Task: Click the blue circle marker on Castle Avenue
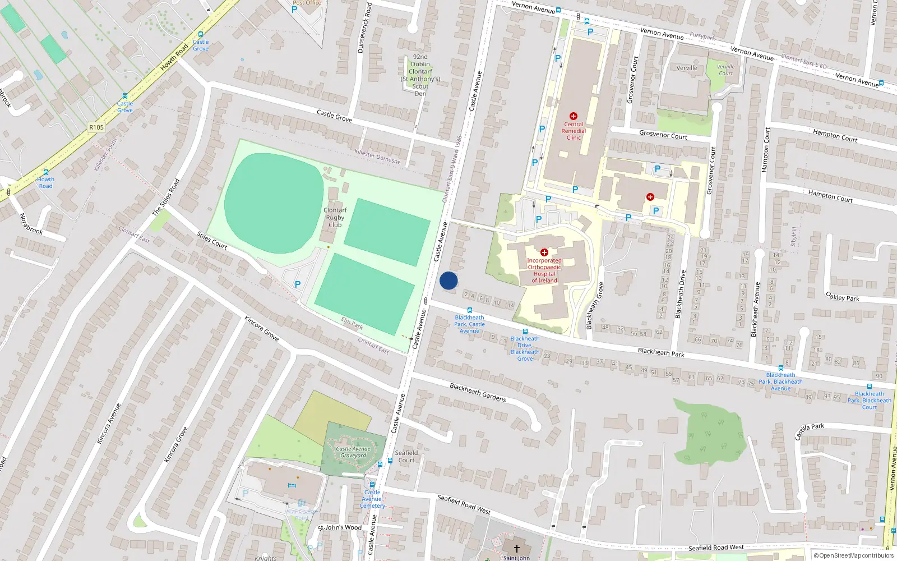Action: (449, 280)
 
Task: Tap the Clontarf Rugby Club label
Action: (335, 218)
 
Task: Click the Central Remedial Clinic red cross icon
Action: (573, 116)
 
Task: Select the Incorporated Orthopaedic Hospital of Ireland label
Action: (544, 270)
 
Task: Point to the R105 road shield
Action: (96, 127)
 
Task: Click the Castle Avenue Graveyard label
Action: (353, 452)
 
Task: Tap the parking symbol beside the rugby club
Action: (298, 284)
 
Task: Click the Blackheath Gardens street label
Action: (478, 393)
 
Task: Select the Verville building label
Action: (687, 68)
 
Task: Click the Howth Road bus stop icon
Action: (46, 172)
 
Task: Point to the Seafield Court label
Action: (406, 457)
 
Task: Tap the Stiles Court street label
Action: (212, 240)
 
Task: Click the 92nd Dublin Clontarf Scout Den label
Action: (420, 75)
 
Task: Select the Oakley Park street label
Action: (842, 297)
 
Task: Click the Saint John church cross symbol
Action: (516, 548)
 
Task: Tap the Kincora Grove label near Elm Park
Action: (261, 329)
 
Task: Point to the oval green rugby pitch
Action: (274, 203)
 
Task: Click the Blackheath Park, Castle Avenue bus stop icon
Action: (470, 310)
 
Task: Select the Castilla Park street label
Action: (810, 431)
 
